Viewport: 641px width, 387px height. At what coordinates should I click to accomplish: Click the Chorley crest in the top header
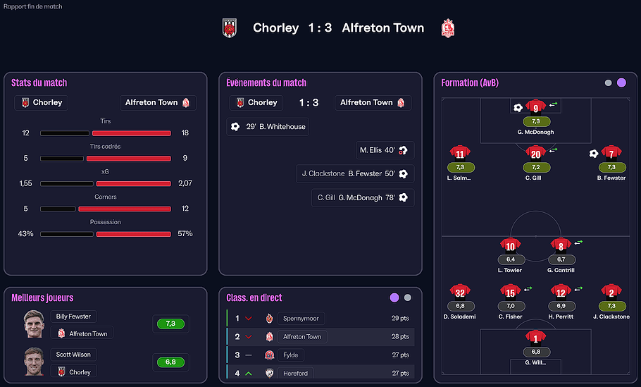click(x=229, y=27)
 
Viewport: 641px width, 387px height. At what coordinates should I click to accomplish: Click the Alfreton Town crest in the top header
click(x=447, y=28)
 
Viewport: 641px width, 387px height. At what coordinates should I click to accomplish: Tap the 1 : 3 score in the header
click(x=320, y=28)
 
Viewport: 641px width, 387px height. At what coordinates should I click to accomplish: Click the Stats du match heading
click(x=39, y=82)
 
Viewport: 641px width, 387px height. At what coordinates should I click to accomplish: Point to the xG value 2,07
click(x=185, y=183)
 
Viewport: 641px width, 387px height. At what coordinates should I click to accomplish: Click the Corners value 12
click(x=185, y=209)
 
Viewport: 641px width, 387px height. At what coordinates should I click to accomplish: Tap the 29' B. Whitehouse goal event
click(x=268, y=127)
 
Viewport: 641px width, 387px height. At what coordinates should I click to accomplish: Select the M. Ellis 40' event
click(x=385, y=150)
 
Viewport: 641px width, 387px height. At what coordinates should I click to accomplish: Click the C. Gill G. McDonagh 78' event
click(x=363, y=198)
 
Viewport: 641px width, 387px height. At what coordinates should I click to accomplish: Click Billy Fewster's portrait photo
click(x=34, y=324)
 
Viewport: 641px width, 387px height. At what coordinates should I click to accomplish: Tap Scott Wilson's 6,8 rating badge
click(x=170, y=362)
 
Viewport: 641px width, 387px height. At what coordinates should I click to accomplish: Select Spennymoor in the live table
click(x=301, y=319)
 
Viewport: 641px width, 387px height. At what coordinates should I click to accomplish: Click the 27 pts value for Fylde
click(x=400, y=355)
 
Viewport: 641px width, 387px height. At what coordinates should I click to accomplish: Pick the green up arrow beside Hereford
click(x=249, y=373)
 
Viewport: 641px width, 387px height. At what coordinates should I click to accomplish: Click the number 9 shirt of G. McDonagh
click(x=536, y=108)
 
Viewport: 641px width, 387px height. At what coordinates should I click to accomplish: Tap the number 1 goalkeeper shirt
click(x=536, y=338)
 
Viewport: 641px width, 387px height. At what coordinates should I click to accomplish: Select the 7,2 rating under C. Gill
click(x=536, y=168)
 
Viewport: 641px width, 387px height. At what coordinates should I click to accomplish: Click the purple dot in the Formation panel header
click(x=621, y=82)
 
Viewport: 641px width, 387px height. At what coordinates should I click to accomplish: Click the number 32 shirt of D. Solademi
click(x=460, y=293)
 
